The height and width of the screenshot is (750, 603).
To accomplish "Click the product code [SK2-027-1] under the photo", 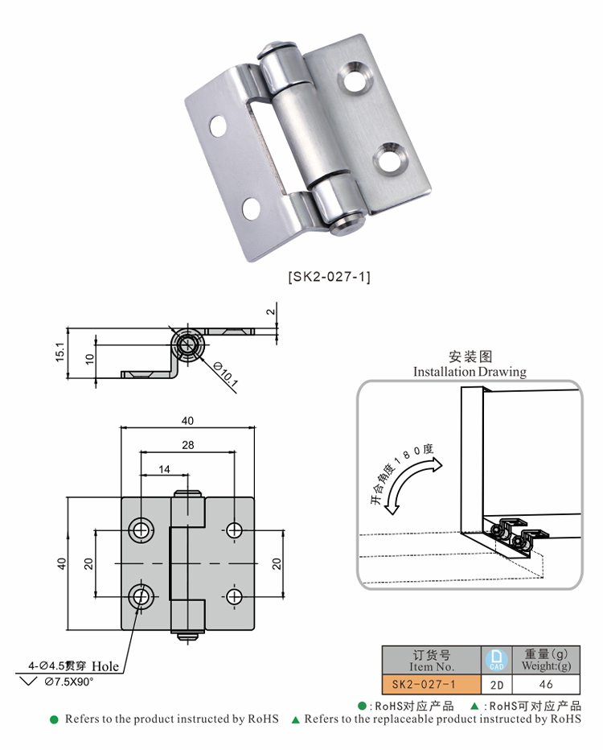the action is click(x=329, y=277).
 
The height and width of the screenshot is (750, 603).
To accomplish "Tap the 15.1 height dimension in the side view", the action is click(x=59, y=352).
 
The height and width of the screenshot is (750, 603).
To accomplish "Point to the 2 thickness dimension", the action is click(x=270, y=311).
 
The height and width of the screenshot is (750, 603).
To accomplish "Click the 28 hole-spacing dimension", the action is click(x=188, y=445).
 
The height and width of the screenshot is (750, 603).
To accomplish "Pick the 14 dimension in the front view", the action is click(x=164, y=469).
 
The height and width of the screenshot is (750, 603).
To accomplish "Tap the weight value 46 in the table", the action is click(x=546, y=684).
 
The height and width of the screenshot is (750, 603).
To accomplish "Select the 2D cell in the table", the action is click(x=496, y=685).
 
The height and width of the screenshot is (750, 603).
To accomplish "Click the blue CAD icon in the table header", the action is click(x=496, y=660).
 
